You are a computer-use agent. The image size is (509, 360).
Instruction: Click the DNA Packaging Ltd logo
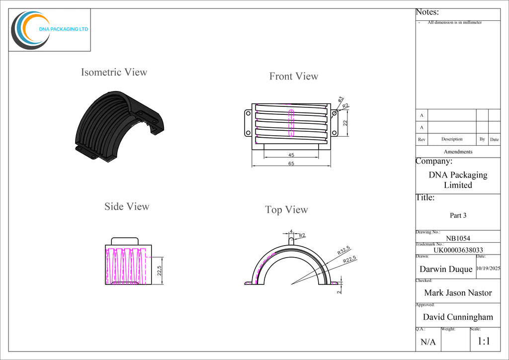(49, 30)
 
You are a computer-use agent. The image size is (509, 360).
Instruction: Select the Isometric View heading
(114, 72)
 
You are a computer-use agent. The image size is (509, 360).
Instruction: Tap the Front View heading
(294, 76)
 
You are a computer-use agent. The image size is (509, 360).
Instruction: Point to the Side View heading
(127, 206)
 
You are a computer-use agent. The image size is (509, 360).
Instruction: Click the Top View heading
(286, 210)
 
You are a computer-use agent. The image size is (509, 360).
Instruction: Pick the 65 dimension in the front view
(291, 163)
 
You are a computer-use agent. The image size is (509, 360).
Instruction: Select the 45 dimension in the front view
(291, 155)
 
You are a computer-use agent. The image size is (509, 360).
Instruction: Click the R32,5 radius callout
(344, 250)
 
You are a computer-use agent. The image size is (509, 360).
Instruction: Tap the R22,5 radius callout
(349, 260)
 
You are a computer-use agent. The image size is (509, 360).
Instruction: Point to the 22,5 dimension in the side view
(159, 270)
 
